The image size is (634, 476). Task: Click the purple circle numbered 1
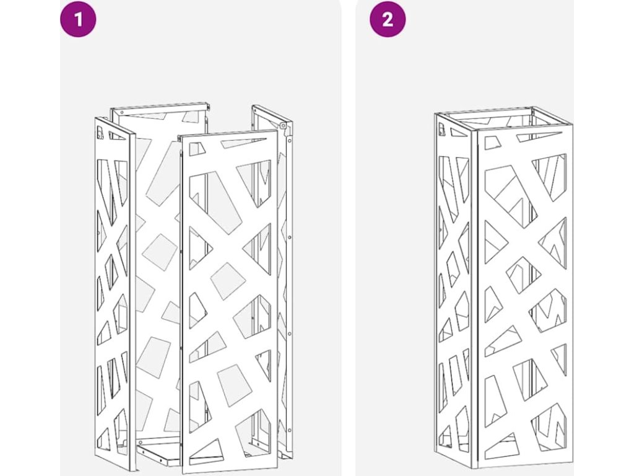click(x=79, y=19)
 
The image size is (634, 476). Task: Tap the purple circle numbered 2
click(x=388, y=19)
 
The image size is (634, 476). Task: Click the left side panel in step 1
click(x=113, y=288)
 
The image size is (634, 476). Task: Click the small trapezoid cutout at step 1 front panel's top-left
click(x=197, y=150)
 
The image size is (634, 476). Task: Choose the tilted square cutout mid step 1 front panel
click(x=228, y=281)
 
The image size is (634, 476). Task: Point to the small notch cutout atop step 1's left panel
click(x=100, y=132)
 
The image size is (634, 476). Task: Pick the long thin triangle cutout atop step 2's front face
click(x=539, y=137)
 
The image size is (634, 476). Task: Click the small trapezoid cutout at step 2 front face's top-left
click(x=492, y=143)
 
